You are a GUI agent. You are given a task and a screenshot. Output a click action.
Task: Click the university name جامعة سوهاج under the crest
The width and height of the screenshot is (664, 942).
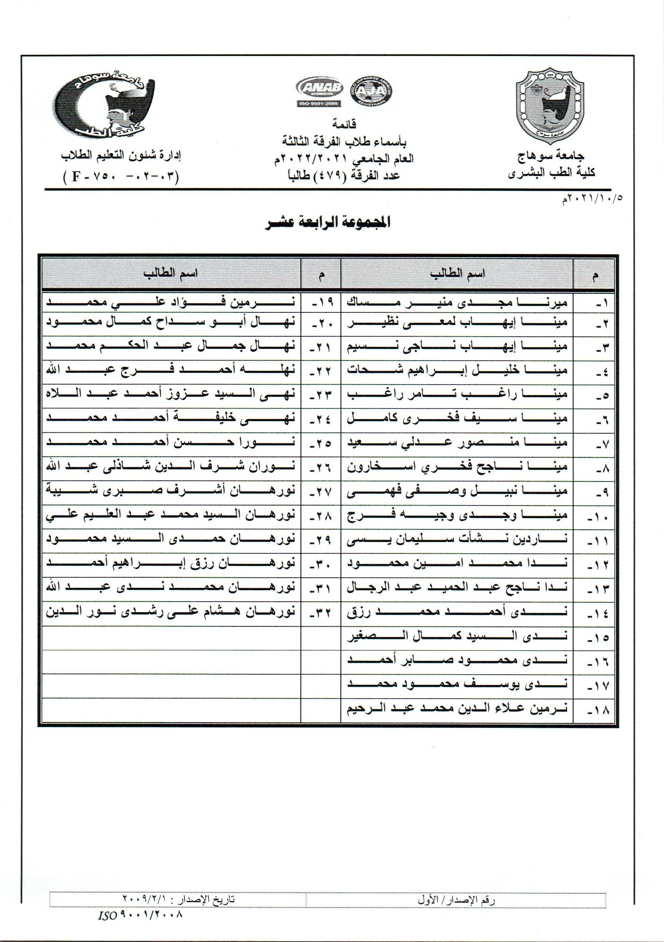pos(551,156)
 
